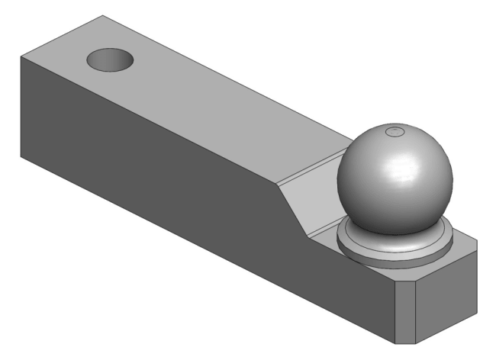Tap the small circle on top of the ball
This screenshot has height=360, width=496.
(x=395, y=133)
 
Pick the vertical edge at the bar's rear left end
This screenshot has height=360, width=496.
(x=19, y=107)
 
